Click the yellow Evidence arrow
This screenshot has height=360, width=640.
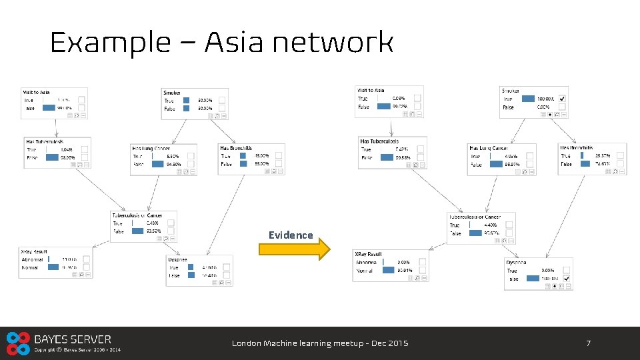293,249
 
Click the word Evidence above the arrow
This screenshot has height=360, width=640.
291,235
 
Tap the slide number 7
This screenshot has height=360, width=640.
588,343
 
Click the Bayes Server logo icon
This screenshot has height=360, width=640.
17,343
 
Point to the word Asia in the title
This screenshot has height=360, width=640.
238,43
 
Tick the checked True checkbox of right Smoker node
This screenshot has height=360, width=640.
562,98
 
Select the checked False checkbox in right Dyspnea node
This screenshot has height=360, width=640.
566,278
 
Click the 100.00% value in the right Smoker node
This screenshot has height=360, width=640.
545,99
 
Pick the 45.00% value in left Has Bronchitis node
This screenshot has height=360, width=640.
261,156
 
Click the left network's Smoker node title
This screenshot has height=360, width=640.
172,93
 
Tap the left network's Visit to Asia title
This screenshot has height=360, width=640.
37,92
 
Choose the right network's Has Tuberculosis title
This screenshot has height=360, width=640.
379,141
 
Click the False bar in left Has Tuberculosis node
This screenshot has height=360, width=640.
52,157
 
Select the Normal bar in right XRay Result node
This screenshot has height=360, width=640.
387,271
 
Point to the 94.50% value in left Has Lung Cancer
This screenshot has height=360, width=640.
173,163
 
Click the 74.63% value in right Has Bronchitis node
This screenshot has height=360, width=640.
603,163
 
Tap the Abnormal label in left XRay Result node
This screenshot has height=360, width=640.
32,259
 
